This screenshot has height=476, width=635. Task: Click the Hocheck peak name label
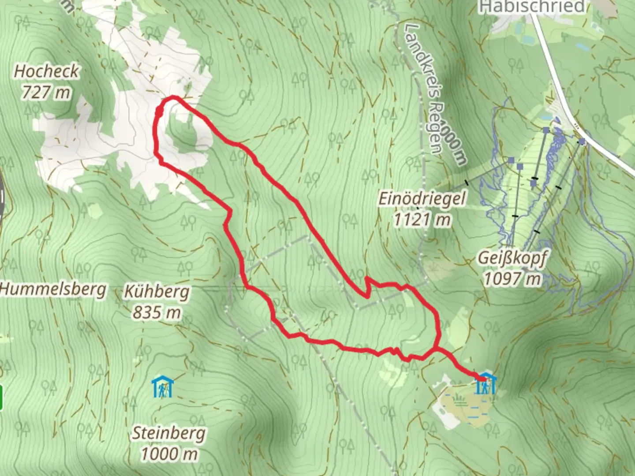[46, 71]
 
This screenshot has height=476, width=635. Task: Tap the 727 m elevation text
[46, 93]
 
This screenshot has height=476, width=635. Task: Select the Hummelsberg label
[53, 289]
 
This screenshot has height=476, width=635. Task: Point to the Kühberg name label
[157, 291]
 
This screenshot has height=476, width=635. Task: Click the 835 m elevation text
[157, 312]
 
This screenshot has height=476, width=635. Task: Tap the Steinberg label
[169, 433]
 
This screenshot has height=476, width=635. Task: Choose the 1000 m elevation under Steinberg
[169, 454]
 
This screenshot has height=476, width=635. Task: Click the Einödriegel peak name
[422, 198]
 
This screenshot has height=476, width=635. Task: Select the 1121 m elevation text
[422, 219]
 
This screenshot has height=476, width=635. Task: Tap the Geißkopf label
[512, 258]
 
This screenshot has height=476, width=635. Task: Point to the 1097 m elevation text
[512, 279]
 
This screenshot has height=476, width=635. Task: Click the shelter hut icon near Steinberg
[163, 387]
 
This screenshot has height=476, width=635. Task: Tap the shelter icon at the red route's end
[486, 384]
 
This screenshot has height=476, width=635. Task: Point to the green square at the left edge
[1, 398]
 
